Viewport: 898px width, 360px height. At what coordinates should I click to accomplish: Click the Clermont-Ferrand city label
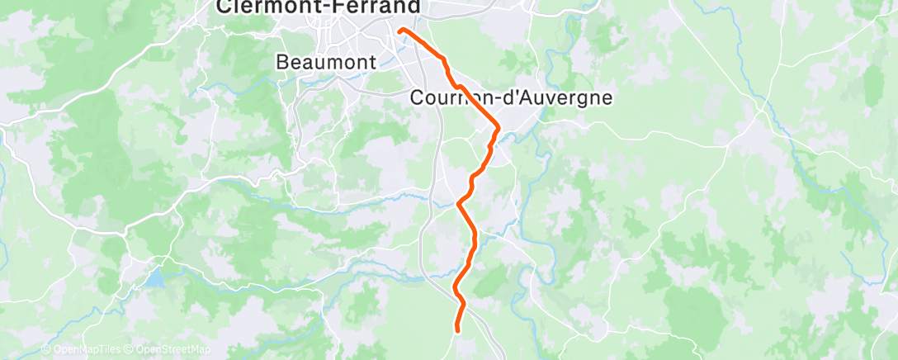318,7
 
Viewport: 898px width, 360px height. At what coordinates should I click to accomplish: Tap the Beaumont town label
326,62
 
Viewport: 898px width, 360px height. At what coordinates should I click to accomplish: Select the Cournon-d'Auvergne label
512,97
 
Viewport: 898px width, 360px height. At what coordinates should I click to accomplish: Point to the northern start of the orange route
401,31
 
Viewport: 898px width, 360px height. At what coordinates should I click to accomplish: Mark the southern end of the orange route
457,329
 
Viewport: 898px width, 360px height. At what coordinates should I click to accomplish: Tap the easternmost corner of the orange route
498,127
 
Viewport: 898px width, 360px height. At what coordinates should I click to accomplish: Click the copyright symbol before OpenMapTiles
46,350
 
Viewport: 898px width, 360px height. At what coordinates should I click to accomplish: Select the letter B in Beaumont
282,62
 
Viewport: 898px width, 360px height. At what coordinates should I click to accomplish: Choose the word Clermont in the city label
276,7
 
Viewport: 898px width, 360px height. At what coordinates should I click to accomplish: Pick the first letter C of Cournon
417,97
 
